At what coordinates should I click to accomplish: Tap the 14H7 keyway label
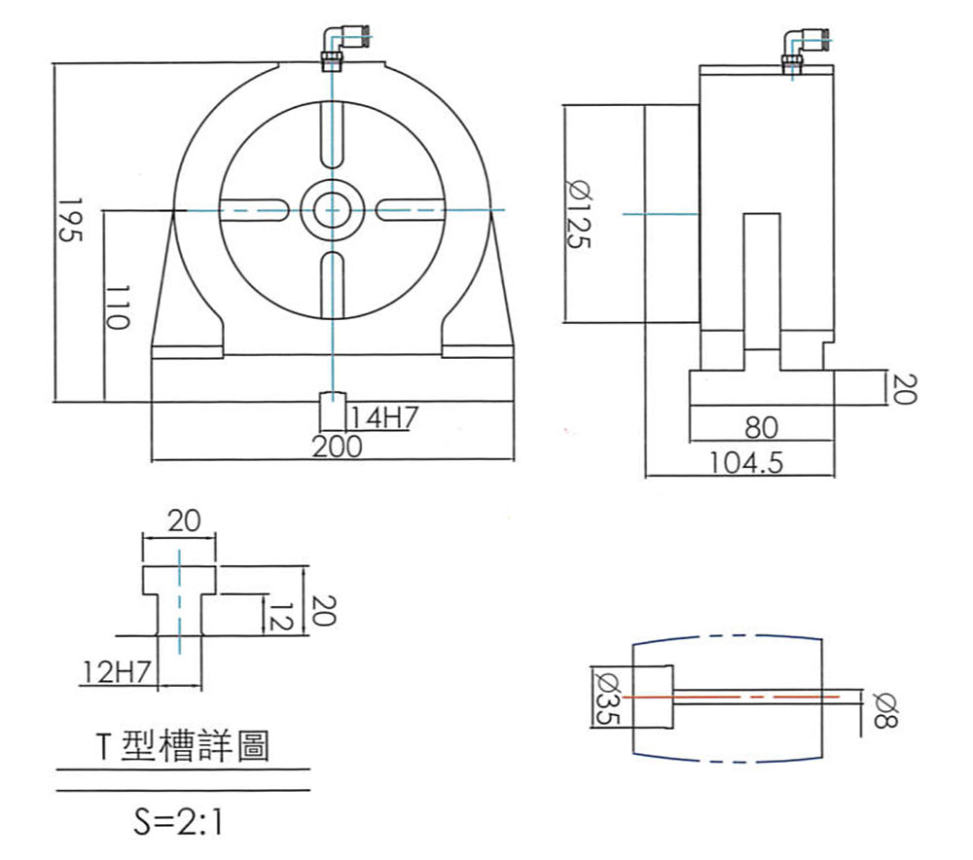point(384,418)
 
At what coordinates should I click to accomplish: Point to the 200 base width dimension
point(337,447)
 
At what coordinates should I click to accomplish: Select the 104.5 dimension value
point(746,462)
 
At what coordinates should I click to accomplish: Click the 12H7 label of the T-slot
point(116,670)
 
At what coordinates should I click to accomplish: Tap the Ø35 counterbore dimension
point(605,698)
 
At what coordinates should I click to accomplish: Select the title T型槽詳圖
point(183,747)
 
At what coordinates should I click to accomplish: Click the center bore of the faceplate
point(333,210)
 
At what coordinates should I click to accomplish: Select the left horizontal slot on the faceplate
point(254,210)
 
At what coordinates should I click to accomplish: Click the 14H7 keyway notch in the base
point(333,410)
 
